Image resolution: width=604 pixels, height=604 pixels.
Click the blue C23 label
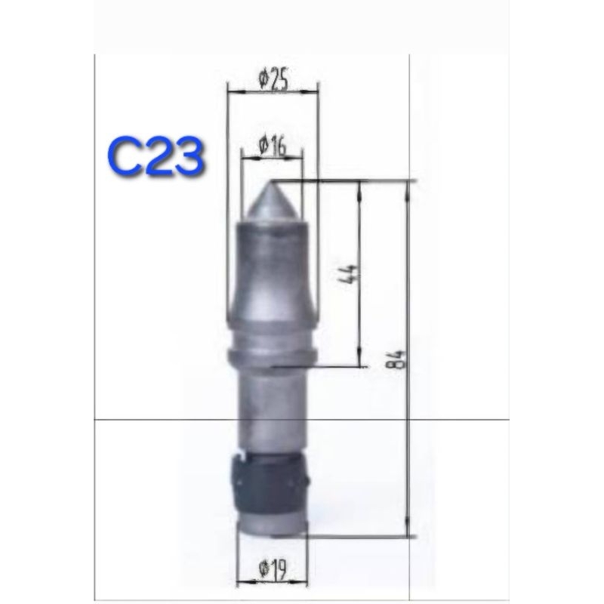pos(156,159)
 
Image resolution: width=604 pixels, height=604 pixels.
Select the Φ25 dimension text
pos(273,79)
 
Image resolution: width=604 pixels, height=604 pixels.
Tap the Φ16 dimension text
pos(273,146)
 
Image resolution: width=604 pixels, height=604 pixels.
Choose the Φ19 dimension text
pos(273,570)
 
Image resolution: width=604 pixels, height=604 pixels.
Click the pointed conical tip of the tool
pos(270,201)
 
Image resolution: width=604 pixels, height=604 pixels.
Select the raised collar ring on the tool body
pos(273,356)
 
